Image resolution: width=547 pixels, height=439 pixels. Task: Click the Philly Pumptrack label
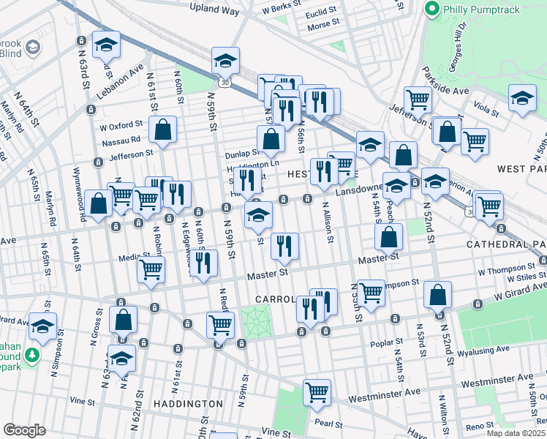coord(480,10)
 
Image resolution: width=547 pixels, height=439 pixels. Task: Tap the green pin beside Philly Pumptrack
coord(432,10)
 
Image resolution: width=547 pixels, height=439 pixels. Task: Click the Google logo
coord(24,429)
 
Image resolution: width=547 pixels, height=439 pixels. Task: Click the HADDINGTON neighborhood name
coord(188,403)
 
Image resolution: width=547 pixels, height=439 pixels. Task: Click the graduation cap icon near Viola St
coord(522,100)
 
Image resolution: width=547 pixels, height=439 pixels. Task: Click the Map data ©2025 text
coord(516,432)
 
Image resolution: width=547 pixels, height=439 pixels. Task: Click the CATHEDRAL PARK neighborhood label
coord(511,244)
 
